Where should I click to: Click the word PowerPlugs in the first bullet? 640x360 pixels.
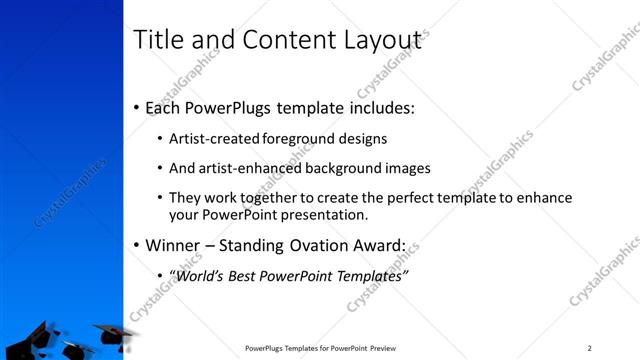coord(232,108)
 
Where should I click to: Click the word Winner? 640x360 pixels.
coord(175,245)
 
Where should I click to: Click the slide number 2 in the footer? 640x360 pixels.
coord(590,348)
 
